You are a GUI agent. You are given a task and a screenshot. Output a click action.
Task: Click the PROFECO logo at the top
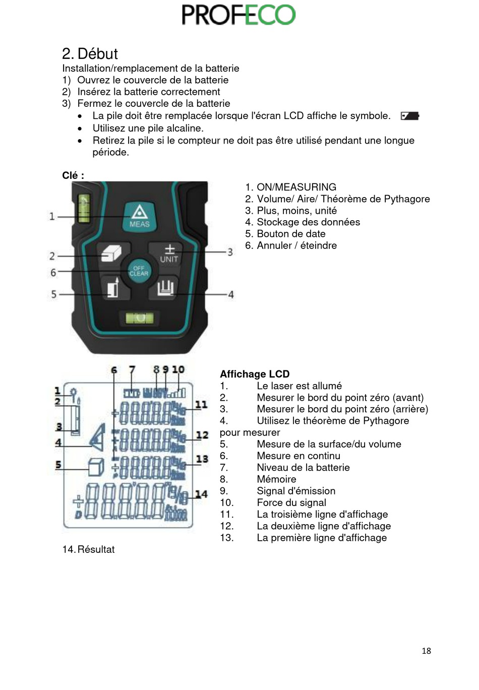(238, 15)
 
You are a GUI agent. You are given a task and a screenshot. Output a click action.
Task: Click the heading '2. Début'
(90, 53)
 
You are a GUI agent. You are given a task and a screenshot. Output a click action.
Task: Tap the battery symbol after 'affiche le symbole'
(409, 116)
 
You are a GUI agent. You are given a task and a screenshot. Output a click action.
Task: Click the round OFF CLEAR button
(139, 271)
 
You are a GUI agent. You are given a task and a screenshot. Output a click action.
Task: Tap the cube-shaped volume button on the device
(112, 253)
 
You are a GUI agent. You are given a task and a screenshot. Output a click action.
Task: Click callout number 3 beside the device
(230, 252)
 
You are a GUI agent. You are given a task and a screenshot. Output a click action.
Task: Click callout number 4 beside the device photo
(231, 294)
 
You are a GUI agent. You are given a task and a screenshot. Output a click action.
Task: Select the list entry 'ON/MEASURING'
(296, 187)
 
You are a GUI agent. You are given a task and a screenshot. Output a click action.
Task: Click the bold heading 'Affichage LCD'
(255, 374)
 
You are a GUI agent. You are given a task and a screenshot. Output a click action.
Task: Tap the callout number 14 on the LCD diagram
(201, 494)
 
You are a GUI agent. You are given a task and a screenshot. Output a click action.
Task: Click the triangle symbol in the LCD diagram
(98, 437)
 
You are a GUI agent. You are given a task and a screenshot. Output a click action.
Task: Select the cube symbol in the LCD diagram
(96, 467)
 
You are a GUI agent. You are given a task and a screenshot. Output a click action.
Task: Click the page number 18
(426, 651)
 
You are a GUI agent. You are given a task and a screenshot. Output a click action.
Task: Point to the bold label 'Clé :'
(73, 175)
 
